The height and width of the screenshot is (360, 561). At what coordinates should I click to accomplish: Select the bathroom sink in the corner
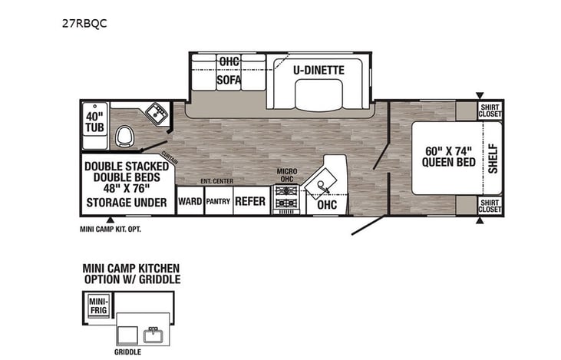tap(158, 113)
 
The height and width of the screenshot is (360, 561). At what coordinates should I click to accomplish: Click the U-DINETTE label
tap(318, 70)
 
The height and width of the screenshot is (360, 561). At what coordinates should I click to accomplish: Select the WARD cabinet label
tap(190, 202)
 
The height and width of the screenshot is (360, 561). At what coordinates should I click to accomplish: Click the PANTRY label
tap(218, 202)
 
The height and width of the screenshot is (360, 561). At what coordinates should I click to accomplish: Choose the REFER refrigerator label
tap(250, 202)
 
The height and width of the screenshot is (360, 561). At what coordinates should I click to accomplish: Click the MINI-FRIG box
tap(99, 306)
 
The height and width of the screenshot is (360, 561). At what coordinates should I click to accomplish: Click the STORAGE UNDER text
tap(126, 203)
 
